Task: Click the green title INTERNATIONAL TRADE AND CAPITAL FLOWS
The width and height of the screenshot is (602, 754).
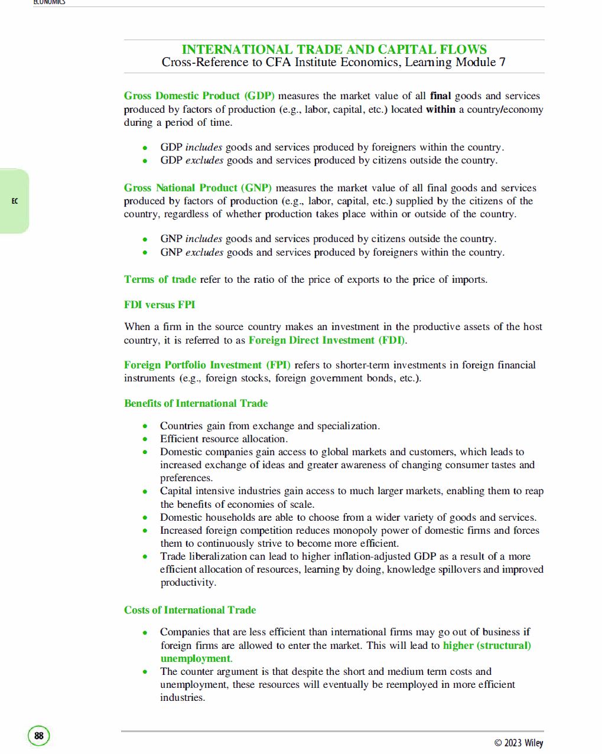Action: coord(334,50)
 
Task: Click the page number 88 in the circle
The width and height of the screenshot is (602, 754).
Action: coord(39,736)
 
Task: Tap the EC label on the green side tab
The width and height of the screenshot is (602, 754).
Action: coord(15,201)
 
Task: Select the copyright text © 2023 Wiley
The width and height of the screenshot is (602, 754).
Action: coord(518,743)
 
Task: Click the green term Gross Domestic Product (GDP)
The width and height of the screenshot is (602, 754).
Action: coord(199,96)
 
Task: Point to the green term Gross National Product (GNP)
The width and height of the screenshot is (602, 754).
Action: coord(198,188)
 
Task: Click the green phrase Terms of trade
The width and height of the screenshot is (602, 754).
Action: coord(160,279)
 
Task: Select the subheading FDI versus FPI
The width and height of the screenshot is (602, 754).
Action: coord(160,305)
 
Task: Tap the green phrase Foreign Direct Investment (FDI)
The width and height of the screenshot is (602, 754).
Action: coord(327,340)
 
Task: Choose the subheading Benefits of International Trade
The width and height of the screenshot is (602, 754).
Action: coord(196,403)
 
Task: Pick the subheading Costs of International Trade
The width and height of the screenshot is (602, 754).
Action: coord(190,610)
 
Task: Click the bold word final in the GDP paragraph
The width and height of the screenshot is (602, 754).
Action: coord(440,96)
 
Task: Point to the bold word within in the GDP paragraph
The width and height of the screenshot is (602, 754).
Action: coord(440,109)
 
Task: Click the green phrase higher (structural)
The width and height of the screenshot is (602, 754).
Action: coord(487,645)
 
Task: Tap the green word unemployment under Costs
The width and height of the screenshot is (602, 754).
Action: coord(195,658)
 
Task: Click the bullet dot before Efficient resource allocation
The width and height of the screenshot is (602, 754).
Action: coord(145,439)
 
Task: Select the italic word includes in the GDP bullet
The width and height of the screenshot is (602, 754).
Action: coord(204,147)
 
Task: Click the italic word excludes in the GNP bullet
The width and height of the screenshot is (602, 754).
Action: coord(204,252)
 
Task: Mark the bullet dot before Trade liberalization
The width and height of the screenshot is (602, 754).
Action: coord(145,557)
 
